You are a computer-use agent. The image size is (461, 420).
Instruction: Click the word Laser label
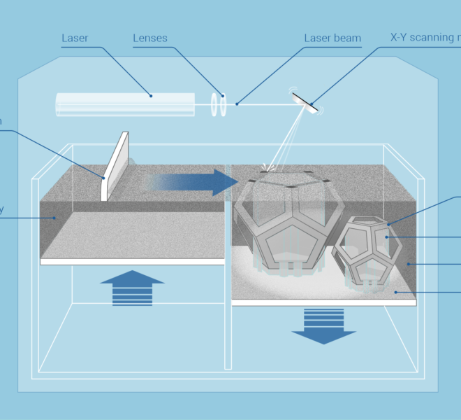click(x=75, y=38)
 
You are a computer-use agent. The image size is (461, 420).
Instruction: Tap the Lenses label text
click(x=151, y=38)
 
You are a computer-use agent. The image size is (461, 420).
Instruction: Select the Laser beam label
click(x=332, y=38)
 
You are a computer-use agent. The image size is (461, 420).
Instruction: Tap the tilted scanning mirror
click(x=305, y=101)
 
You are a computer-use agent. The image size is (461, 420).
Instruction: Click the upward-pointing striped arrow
click(x=132, y=287)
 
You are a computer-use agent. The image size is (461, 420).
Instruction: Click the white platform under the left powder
click(x=133, y=261)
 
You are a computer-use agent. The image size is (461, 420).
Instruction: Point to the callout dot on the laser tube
click(x=150, y=96)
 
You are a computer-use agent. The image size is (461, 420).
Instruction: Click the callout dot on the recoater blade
click(x=103, y=177)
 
